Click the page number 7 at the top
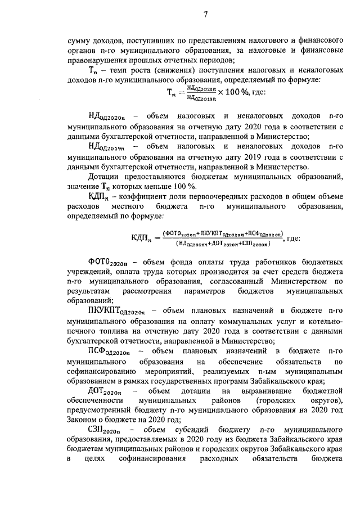[x=206, y=15]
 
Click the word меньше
[x=168, y=186]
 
